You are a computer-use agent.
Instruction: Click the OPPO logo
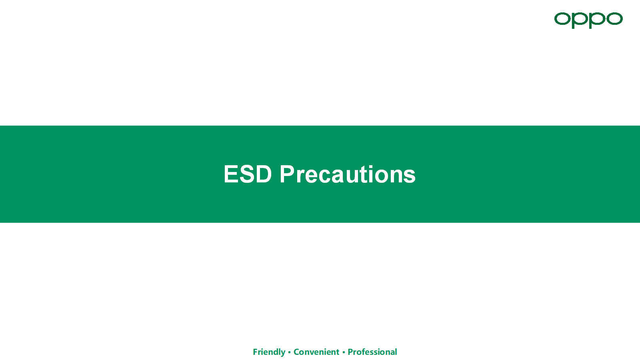[588, 20]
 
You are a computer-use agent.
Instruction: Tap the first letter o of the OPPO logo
[562, 19]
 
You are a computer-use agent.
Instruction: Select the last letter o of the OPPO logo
[614, 19]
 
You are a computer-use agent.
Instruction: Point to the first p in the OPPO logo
[580, 20]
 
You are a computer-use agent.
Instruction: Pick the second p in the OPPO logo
[597, 20]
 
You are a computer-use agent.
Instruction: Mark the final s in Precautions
[410, 176]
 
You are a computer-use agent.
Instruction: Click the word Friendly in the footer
[269, 352]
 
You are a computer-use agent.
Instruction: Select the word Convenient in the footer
[316, 352]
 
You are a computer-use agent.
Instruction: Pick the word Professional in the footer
[372, 352]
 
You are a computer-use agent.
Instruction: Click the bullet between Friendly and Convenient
[290, 352]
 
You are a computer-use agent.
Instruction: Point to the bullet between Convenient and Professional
[344, 352]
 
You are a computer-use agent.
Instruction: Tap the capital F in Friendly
[256, 352]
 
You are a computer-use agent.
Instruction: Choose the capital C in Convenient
[296, 352]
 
